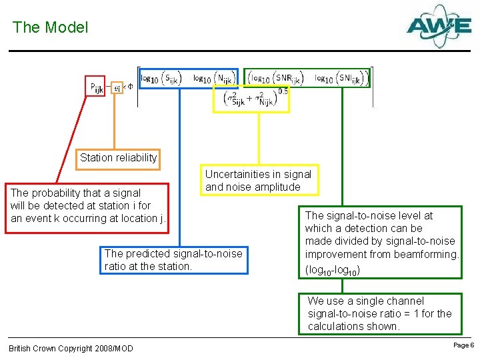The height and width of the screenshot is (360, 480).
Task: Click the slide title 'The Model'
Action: click(x=50, y=27)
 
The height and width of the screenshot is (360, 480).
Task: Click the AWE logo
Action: click(x=439, y=26)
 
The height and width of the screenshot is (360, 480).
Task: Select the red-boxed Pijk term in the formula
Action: click(x=96, y=87)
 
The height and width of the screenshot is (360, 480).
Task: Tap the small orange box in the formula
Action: click(x=117, y=87)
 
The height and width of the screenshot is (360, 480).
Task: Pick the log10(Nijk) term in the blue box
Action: click(x=211, y=79)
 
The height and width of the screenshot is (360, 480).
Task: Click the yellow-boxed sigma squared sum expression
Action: click(x=251, y=101)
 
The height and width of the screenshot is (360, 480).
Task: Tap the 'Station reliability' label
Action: click(x=118, y=158)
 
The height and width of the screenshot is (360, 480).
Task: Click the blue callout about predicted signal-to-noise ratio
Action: click(x=173, y=260)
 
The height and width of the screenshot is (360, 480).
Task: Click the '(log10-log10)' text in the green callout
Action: click(x=333, y=269)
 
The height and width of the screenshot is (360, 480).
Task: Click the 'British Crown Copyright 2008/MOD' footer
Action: click(x=71, y=349)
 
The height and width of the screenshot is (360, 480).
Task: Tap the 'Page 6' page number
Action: click(x=463, y=345)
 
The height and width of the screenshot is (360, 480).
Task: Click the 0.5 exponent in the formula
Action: click(x=283, y=91)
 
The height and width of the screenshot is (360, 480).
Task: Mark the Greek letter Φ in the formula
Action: click(x=130, y=86)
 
